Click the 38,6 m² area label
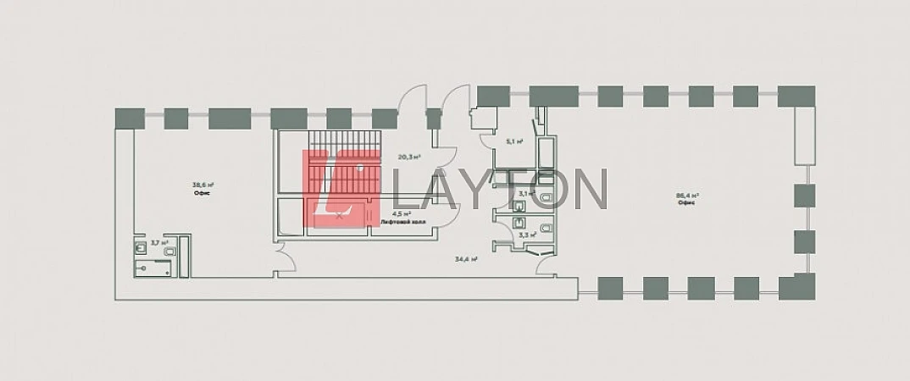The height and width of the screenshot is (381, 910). coord(203,185)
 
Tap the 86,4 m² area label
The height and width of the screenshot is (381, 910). coord(686,195)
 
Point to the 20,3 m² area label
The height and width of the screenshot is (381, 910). coord(409,157)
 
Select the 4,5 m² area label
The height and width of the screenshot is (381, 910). coord(401,213)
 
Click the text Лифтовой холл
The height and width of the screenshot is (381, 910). coord(403,222)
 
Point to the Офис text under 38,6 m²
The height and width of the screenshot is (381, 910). coord(202,193)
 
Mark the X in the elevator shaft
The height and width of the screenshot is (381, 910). coord(339,215)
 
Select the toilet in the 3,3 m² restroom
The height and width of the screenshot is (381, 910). coord(546,228)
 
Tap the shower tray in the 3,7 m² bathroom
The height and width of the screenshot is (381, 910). coord(154,268)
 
